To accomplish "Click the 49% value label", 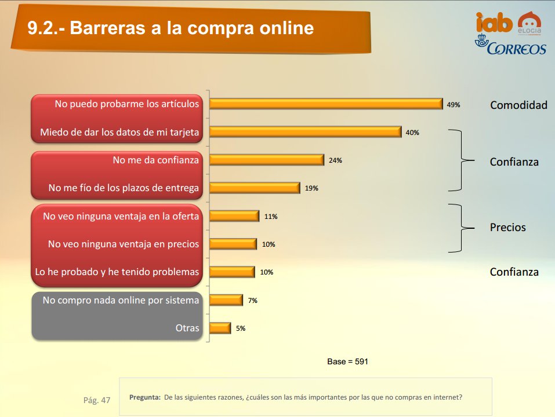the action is pos(454,105).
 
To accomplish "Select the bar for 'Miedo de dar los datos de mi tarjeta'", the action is pos(306,132).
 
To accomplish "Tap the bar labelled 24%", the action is pos(267,160).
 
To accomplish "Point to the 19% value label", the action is pos(311,188).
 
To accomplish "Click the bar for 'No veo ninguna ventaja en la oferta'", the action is pos(234,216).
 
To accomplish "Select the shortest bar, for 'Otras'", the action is pos(220,328).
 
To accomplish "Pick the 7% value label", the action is pos(253,301).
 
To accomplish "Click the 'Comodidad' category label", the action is pos(518,105).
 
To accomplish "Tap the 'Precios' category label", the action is pos(507,227).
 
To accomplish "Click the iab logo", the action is pos(494,23).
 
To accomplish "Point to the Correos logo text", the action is pos(516,49).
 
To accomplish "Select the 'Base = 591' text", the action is pos(347,361).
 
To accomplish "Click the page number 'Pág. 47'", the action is pos(97,400).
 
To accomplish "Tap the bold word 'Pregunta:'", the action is pos(145,397).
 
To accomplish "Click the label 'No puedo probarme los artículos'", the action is pos(126,104).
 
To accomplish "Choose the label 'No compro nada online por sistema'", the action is pos(121,301).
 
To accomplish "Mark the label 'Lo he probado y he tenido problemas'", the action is pos(117,272).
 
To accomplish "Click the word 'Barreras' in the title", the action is pos(108,28).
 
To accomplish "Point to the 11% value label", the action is pos(271,216).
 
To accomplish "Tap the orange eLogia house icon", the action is pos(529,21).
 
